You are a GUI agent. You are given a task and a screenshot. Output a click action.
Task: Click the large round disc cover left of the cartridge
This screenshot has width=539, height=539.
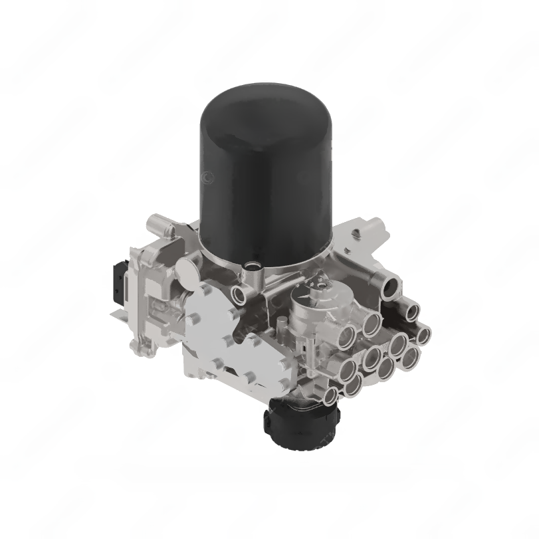click(190, 272)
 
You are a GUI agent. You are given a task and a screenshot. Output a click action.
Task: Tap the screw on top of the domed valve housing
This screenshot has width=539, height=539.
click(323, 288)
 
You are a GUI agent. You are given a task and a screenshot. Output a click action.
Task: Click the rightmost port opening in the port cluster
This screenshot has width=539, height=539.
click(423, 334)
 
